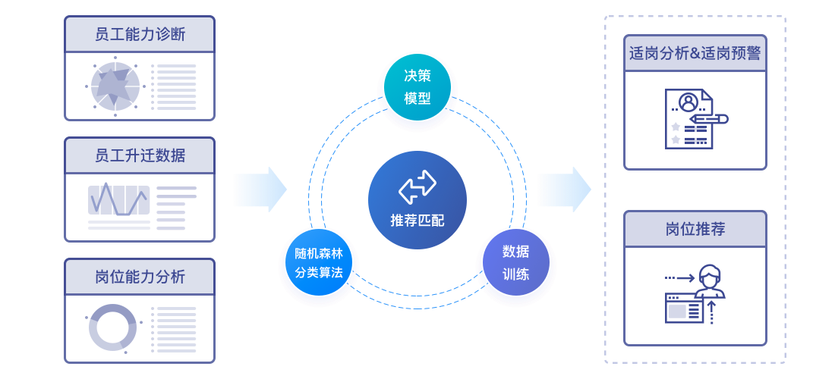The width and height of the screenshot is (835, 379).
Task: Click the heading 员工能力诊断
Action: click(x=140, y=35)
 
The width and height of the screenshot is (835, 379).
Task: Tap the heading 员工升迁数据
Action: click(x=140, y=155)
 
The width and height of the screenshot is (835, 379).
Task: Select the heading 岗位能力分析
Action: click(x=140, y=277)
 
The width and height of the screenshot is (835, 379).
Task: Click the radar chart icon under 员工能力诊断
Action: click(x=115, y=86)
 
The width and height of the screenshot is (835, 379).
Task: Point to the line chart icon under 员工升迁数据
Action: click(x=118, y=200)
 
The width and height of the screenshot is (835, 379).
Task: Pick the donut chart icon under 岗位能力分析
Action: click(x=112, y=327)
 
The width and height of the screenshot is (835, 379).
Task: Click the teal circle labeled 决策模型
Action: click(x=417, y=87)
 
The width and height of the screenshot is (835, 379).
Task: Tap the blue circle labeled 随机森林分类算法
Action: click(x=319, y=262)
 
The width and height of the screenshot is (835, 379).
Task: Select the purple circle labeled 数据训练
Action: click(x=515, y=262)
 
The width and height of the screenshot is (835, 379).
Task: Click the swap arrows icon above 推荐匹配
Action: click(x=417, y=186)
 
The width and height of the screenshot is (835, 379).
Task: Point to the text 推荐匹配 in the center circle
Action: click(x=417, y=220)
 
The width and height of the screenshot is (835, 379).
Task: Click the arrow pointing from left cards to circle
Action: click(x=261, y=189)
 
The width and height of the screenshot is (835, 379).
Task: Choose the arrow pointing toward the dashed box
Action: click(x=565, y=189)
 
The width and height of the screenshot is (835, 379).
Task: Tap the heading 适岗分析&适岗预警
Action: click(x=695, y=54)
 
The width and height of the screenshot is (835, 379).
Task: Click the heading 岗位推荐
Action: click(x=695, y=230)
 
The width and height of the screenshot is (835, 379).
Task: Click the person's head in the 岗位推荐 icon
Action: click(x=709, y=275)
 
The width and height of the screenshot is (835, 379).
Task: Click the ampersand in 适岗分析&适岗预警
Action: click(x=695, y=54)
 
